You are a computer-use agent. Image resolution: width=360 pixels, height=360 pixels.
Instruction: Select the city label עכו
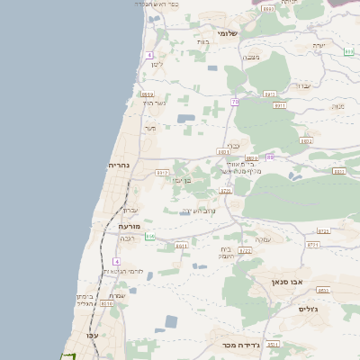coord(91,335)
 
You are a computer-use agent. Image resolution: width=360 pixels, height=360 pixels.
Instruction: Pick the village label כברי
coord(232,143)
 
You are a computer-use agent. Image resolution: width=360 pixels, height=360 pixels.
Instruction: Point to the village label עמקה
coord(264,238)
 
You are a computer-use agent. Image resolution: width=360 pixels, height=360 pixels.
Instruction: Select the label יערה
coord(319,44)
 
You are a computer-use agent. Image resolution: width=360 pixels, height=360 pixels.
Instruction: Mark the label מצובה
coord(252,57)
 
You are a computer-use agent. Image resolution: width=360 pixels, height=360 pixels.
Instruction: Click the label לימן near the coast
coord(157,65)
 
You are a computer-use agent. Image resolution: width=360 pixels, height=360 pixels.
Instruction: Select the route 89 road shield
coord(270,157)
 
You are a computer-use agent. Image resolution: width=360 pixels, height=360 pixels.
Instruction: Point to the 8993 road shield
coord(268,8)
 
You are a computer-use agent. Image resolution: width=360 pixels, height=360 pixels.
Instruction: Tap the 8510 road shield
coord(108,304)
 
